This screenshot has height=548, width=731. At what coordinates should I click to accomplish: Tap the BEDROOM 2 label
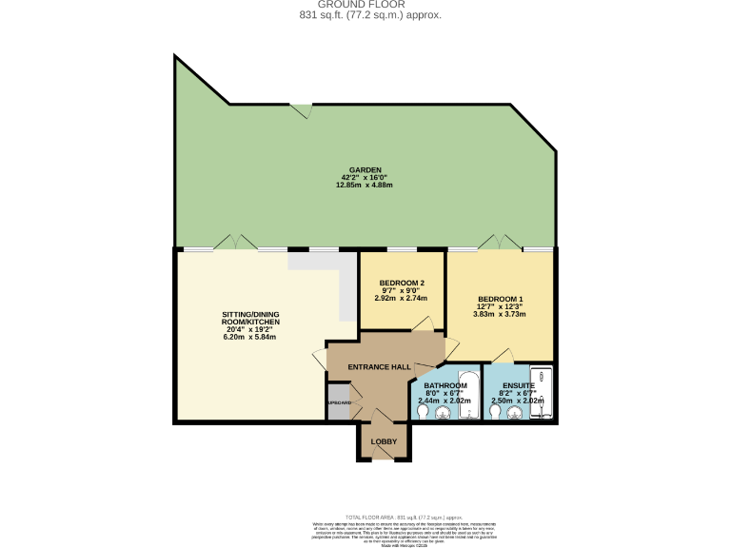[402, 283]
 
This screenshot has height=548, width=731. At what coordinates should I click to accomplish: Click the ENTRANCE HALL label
[378, 367]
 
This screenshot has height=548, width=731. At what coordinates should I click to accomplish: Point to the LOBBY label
[384, 441]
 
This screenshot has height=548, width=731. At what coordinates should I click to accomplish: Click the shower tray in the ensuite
[541, 390]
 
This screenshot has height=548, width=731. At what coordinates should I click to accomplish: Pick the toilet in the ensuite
[494, 411]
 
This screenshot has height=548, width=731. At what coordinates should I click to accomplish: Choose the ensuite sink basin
[517, 412]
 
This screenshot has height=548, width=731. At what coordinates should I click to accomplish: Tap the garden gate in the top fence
[302, 110]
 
